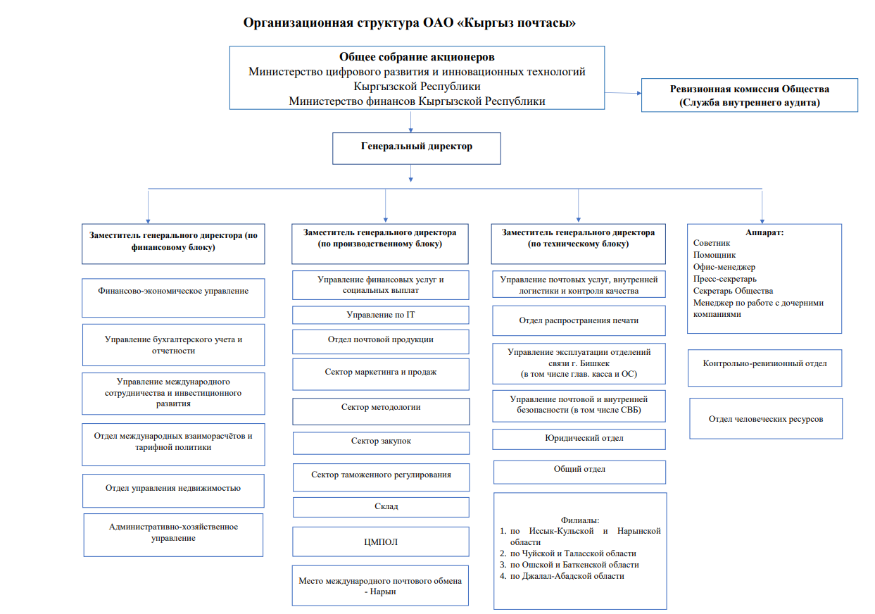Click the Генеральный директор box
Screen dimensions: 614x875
tap(417, 148)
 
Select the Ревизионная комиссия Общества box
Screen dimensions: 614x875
tap(749, 95)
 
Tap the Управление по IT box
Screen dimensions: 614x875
tap(381, 315)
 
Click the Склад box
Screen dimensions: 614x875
tap(381, 507)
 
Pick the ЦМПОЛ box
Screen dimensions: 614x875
tap(381, 541)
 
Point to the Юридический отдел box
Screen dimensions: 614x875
tap(579, 439)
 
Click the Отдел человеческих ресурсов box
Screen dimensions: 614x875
tap(766, 419)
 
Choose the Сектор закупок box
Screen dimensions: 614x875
tap(381, 442)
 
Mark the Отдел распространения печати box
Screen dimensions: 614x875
tap(579, 321)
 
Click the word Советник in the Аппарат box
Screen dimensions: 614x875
tap(712, 243)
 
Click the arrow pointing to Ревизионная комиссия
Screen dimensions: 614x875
tap(623, 93)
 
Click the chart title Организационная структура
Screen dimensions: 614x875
tap(409, 23)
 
